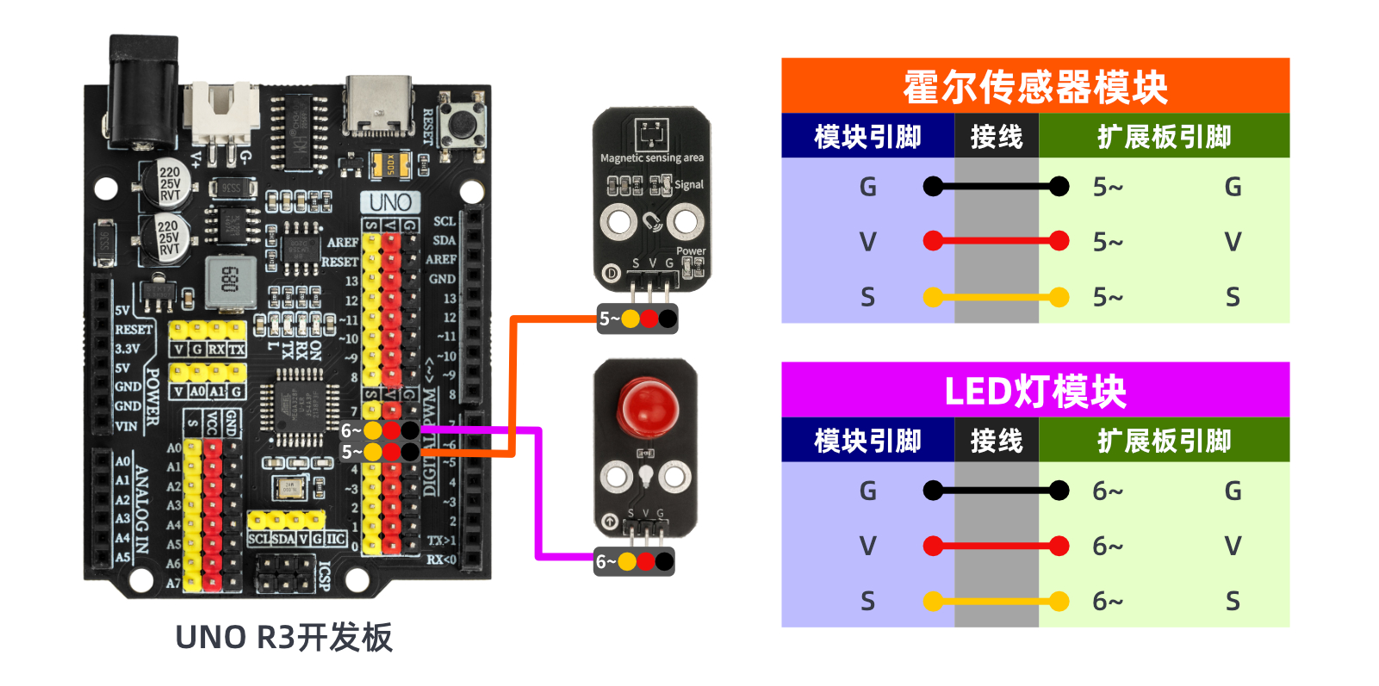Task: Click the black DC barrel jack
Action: coord(142,86)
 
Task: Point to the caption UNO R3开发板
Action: coord(283,638)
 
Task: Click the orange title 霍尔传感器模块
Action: coord(1034,86)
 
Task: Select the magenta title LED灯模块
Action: coord(1034,391)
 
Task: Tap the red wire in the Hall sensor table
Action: coord(996,241)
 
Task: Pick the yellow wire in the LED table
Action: coord(996,601)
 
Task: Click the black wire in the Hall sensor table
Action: coord(996,186)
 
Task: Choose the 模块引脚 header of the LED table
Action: coord(867,441)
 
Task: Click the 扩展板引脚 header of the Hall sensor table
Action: coord(1164,137)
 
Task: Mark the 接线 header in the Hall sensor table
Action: coord(996,137)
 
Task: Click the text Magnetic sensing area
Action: coord(651,158)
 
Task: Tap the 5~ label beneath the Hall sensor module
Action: coord(608,319)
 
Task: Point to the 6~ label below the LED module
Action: coord(605,562)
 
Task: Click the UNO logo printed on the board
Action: coord(390,202)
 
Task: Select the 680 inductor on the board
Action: coord(230,281)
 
